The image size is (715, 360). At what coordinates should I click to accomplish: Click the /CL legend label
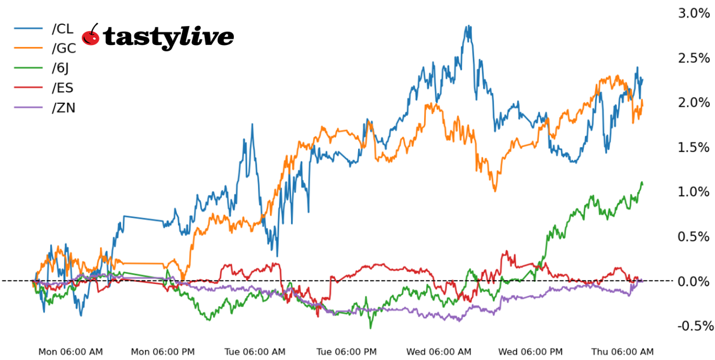point(63,29)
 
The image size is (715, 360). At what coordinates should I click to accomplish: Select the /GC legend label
point(63,48)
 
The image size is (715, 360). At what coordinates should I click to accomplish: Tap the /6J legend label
point(61,68)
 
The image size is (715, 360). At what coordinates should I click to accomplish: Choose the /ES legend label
point(63,87)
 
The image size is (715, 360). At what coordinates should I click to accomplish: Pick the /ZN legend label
point(63,107)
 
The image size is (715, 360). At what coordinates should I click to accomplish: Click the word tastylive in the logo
point(168,37)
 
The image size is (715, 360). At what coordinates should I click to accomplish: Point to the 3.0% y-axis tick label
point(693,13)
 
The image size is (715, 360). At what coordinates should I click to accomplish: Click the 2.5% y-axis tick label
point(693,58)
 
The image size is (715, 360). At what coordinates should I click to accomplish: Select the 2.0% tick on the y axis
point(693,103)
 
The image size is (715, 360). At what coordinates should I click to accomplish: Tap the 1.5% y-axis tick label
point(693,147)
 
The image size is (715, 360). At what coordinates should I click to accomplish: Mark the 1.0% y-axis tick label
point(693,192)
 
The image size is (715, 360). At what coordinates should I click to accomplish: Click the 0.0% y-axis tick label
point(693,281)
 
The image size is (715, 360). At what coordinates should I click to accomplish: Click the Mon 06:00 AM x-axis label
point(70,352)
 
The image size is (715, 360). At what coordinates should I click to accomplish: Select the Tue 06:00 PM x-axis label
point(347,352)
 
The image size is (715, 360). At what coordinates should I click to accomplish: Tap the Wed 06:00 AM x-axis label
point(439,352)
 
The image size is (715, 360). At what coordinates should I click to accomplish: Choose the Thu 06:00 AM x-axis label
point(622,352)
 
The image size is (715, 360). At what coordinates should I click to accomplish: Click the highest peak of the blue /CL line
point(468,27)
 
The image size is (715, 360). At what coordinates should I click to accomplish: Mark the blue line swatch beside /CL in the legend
point(29,29)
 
